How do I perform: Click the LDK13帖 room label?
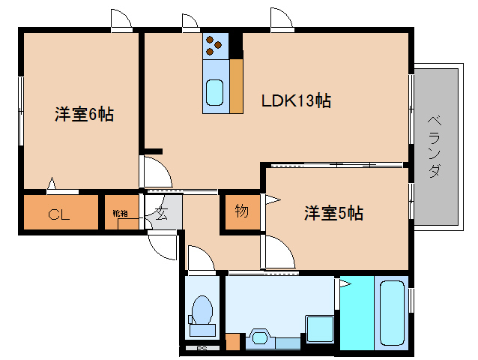point(297,100)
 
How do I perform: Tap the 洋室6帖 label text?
point(84,115)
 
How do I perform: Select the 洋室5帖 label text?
point(333,213)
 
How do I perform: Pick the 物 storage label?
point(240,211)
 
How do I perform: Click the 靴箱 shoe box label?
point(120,213)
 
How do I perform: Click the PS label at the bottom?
point(201,349)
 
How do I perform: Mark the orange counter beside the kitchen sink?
point(236,85)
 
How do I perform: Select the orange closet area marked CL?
point(60,214)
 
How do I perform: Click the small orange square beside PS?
point(233,342)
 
